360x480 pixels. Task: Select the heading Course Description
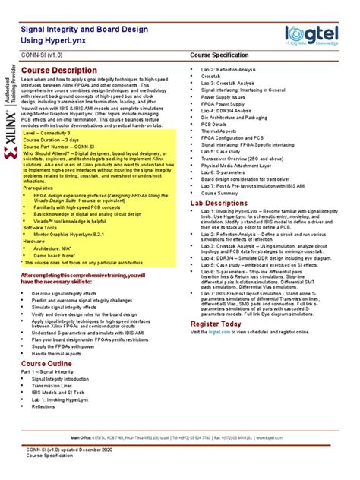click(58, 71)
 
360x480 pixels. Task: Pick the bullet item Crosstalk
click(210, 77)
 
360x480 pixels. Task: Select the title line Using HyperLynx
click(55, 38)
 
